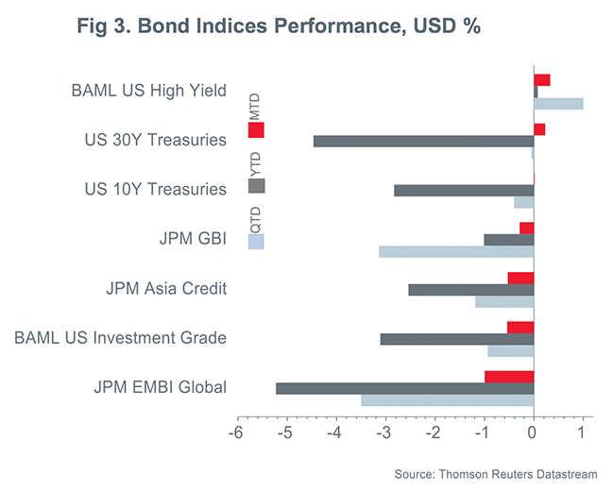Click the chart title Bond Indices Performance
click(x=280, y=26)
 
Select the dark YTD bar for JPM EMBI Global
click(x=404, y=388)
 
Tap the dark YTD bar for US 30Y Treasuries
click(x=423, y=141)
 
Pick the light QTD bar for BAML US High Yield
click(x=558, y=103)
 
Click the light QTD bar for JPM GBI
click(x=456, y=251)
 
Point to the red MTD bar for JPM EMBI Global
click(x=509, y=377)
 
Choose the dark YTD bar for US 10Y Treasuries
click(x=464, y=190)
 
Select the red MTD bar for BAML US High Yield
click(x=542, y=79)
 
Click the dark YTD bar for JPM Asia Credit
click(x=470, y=289)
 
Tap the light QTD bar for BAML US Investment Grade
click(x=510, y=350)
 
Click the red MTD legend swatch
click(x=256, y=130)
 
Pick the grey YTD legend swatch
click(x=256, y=185)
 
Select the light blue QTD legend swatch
click(x=256, y=241)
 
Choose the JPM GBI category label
click(x=193, y=239)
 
